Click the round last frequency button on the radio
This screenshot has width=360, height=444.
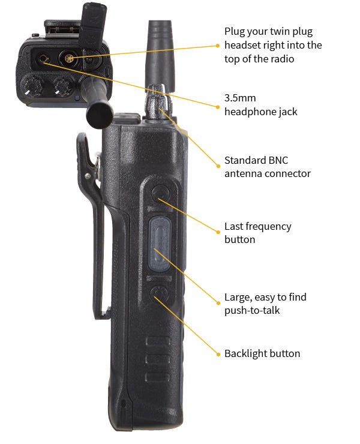click(160, 193)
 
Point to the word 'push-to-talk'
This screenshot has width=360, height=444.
click(251, 310)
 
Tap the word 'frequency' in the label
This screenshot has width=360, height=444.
click(268, 226)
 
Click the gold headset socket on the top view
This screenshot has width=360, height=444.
click(68, 59)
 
